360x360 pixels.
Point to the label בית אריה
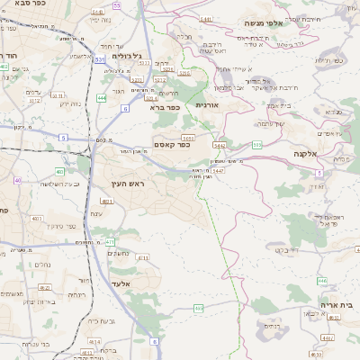click(336, 305)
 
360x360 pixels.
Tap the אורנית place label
click(208, 105)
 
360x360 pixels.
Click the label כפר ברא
click(166, 106)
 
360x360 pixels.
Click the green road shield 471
click(110, 241)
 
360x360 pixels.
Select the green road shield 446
click(322, 281)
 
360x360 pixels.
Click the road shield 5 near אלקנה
click(319, 172)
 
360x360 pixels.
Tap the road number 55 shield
click(118, 5)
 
